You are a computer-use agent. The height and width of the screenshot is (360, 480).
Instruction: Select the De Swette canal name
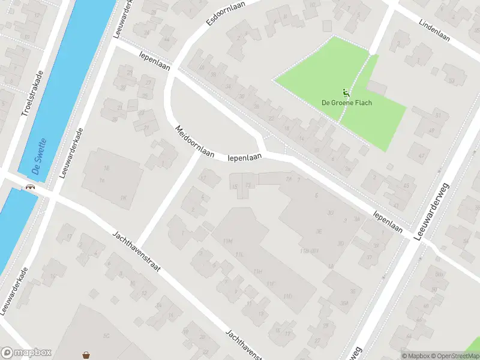coord(41,157)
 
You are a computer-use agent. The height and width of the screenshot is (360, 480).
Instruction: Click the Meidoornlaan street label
coord(194,142)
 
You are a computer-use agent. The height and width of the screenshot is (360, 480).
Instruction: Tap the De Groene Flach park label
coord(347,103)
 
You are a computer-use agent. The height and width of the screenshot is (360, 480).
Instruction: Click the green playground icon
coord(345,93)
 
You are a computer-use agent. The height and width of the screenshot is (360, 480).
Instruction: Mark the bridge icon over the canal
coord(28,187)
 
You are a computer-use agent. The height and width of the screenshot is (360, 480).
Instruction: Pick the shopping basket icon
coord(86,354)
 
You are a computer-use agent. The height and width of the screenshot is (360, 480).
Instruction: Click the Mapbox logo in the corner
coord(26,353)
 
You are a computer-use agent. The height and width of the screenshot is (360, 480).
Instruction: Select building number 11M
coord(227,241)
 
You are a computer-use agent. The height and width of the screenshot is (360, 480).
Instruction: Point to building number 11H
coord(258,271)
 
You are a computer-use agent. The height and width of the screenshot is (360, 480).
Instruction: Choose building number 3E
coord(320,230)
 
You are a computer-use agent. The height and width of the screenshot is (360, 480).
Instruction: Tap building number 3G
coord(329,212)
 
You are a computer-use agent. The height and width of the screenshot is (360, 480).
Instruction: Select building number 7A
coord(289,179)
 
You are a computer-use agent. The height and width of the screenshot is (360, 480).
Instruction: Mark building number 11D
coord(289,296)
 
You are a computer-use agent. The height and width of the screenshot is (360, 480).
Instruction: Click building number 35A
coord(344,303)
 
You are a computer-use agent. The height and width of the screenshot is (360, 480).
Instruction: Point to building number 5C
coord(106,335)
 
